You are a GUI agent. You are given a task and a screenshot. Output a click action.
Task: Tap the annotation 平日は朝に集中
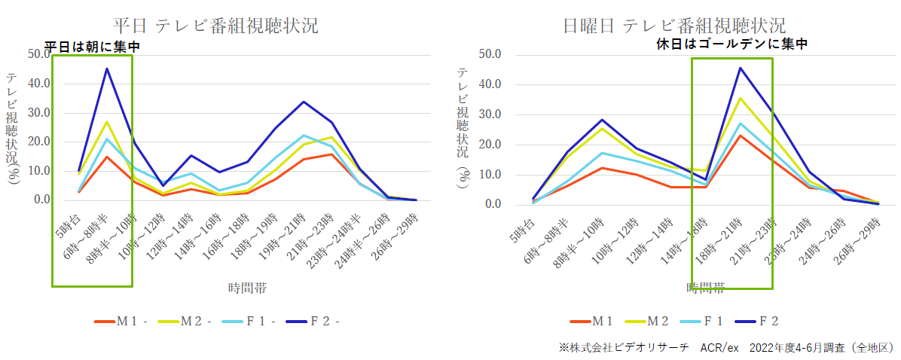[93, 47]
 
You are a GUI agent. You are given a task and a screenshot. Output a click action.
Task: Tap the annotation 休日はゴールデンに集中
[731, 44]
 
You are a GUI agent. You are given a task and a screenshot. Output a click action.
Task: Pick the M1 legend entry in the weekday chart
[120, 322]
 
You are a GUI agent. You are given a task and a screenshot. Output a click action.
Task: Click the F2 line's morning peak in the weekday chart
[107, 69]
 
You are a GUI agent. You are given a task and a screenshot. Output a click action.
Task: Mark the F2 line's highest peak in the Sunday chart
[741, 68]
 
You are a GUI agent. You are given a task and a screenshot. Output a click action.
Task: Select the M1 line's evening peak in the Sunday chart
[741, 136]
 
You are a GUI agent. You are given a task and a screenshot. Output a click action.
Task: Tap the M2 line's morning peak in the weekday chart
[107, 121]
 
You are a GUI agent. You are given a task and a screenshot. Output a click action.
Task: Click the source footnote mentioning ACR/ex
[726, 347]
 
